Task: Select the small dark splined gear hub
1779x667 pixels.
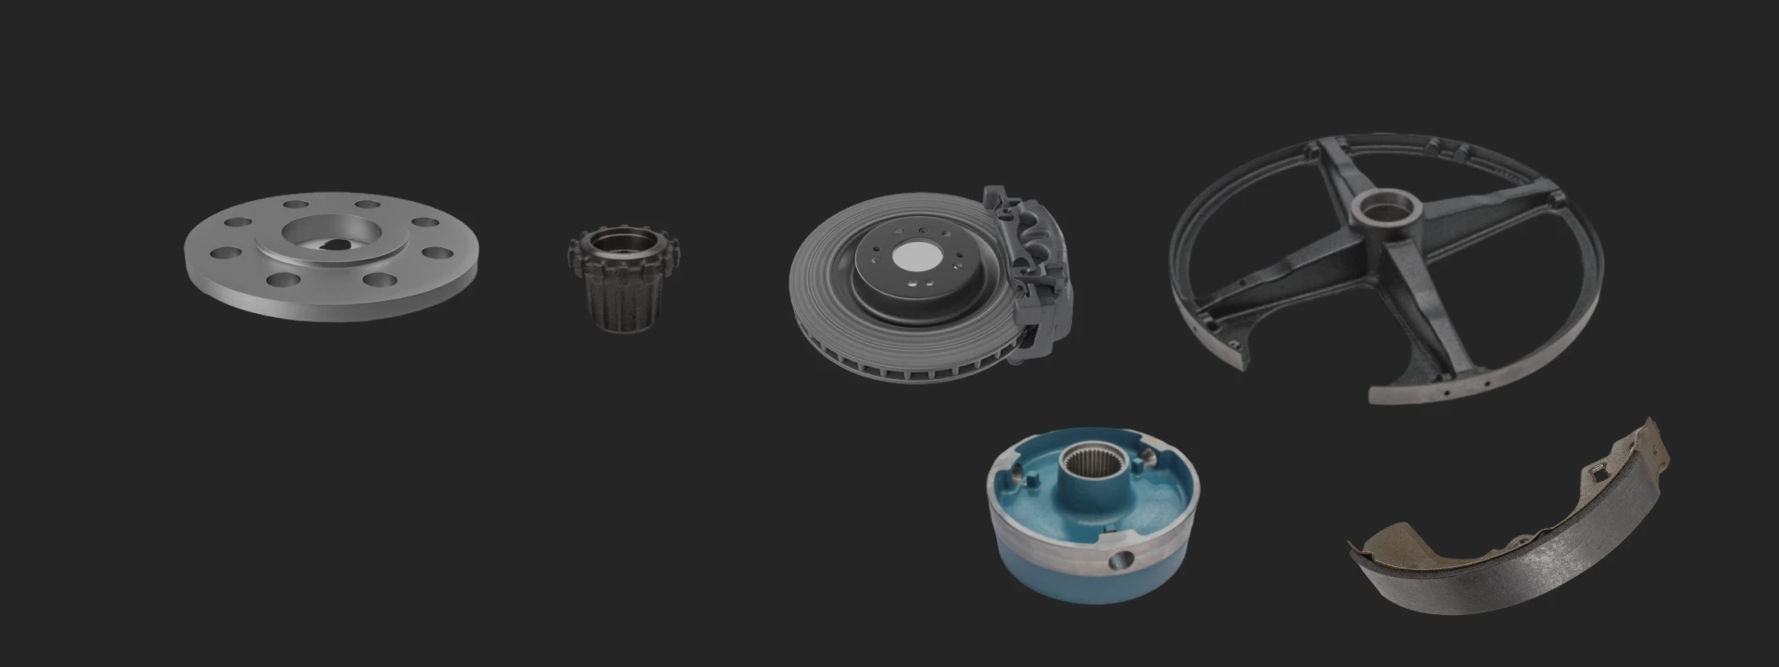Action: tap(624, 278)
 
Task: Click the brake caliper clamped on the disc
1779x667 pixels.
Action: tap(1033, 269)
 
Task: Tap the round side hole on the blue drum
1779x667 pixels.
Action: tap(1122, 559)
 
